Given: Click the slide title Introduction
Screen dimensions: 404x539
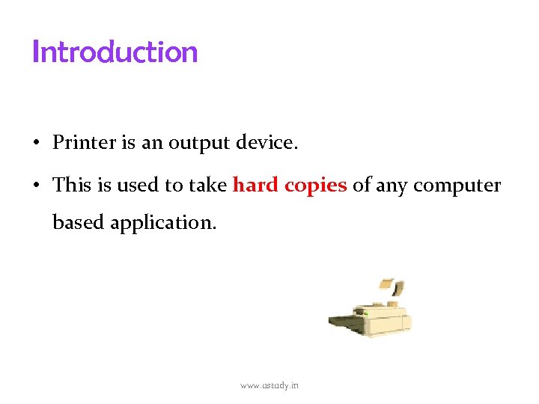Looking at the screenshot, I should (115, 52).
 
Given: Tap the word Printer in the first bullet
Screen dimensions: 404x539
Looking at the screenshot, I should (84, 143).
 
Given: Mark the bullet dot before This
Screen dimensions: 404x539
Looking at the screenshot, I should (36, 186).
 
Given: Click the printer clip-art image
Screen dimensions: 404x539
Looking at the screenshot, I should (371, 314).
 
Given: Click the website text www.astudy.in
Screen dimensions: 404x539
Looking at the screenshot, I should (269, 385).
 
